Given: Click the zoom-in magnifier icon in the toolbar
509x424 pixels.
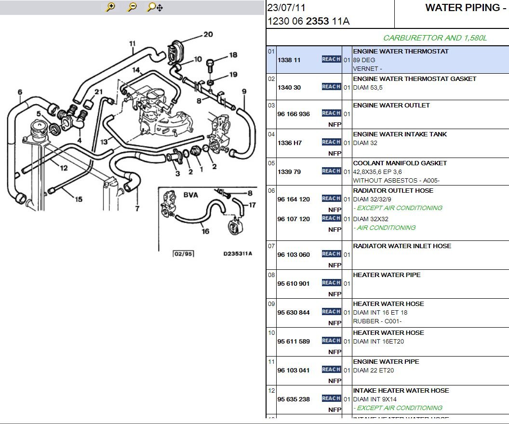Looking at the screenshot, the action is tap(110, 7).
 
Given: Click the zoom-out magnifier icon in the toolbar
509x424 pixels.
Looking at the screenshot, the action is tap(132, 7).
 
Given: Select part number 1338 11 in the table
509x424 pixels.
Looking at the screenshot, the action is tap(289, 60).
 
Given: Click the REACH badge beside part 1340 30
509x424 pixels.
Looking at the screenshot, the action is tap(331, 87).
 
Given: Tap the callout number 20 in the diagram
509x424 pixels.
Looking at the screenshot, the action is tap(208, 34).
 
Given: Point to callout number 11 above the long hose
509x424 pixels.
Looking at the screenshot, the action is tap(133, 43).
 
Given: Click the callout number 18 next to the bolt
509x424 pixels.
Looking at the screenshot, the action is tap(233, 55).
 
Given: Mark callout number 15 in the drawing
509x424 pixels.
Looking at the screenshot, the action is tap(79, 199).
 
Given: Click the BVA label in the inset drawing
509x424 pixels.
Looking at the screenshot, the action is tap(190, 195).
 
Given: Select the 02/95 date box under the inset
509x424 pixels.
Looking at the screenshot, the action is tap(184, 254).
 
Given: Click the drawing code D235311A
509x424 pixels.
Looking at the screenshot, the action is tap(238, 253).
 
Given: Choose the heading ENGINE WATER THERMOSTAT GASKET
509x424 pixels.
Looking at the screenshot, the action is tap(415, 79).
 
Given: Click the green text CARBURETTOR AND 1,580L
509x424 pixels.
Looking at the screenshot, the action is tap(435, 38).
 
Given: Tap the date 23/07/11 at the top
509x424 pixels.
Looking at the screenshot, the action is tap(286, 8).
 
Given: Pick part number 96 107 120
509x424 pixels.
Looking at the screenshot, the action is tap(294, 219).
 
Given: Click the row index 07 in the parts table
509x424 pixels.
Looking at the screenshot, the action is tap(271, 246).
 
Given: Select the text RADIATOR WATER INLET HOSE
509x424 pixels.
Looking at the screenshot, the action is tap(402, 246).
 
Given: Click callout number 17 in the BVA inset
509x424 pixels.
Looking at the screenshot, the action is tap(252, 205).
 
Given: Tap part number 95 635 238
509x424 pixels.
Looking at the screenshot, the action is tap(294, 399).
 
